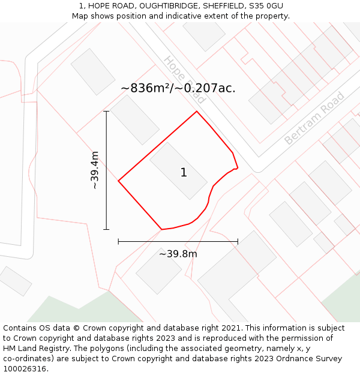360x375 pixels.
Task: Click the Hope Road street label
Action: pos(184,80)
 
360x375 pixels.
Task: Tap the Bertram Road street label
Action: pos(314,118)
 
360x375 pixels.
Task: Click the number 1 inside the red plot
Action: pos(184,173)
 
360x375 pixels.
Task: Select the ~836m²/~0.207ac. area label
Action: pos(178,88)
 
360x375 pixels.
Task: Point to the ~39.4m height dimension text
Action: pos(95,170)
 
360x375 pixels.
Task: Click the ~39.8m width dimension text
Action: pos(178,254)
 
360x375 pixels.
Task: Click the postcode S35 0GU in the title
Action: pos(265,6)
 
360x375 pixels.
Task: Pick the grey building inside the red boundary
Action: pos(178,171)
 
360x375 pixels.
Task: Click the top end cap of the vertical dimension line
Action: pos(107,112)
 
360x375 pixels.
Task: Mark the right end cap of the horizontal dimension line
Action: pos(238,241)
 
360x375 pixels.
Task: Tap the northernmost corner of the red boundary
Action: pos(197,112)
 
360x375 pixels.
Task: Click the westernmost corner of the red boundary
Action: pos(119,181)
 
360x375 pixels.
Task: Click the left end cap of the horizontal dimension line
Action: pos(119,241)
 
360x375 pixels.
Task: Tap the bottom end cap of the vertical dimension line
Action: pos(107,229)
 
